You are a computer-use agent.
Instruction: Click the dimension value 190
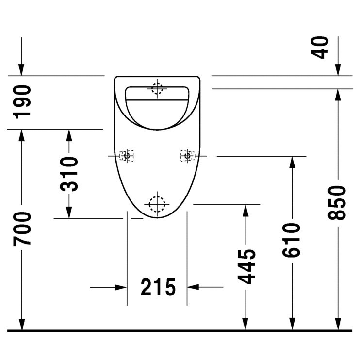point(22,102)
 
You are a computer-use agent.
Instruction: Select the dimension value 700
point(22,228)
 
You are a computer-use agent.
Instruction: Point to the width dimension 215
point(158,287)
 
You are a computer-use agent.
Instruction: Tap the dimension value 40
point(321,47)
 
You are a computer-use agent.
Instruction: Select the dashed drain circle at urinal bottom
point(157,204)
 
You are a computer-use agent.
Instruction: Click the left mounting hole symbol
point(127,156)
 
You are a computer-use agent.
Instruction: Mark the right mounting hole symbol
point(187,156)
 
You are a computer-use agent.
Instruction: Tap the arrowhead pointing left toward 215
point(194,287)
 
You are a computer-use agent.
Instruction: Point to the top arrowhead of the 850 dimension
point(338,95)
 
